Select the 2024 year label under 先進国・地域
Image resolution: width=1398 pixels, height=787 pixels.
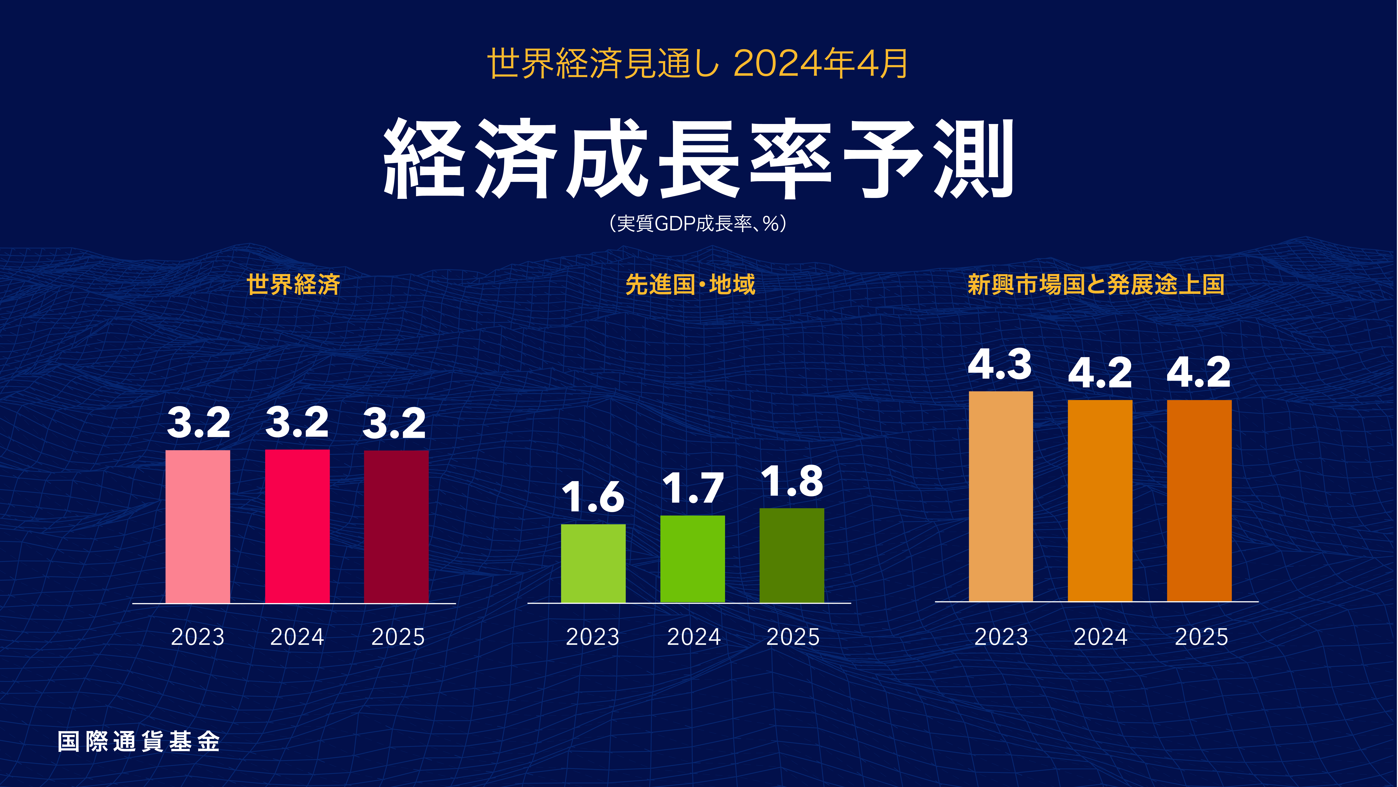(x=694, y=637)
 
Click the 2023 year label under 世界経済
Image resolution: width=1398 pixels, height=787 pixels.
(x=197, y=637)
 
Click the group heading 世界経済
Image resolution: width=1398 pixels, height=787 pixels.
(x=294, y=285)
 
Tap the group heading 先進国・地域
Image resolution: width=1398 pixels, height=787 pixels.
(x=690, y=285)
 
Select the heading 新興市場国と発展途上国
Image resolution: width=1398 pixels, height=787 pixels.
(x=1096, y=285)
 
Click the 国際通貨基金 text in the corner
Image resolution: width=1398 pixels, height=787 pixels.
(x=139, y=741)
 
